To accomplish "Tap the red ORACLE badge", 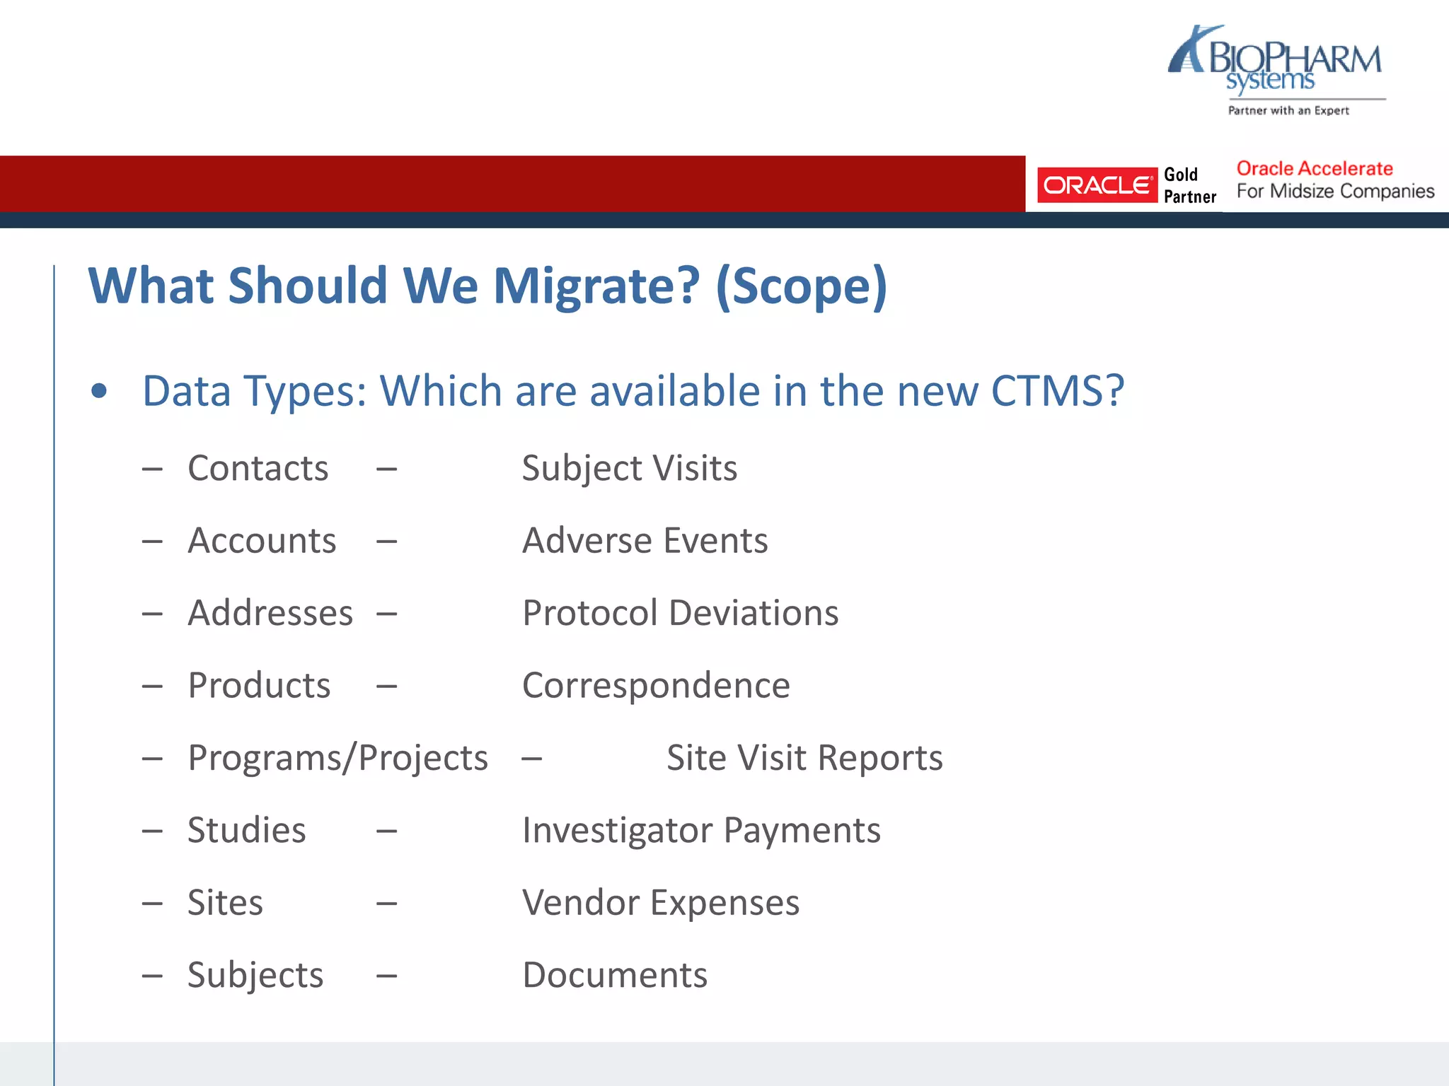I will click(1096, 185).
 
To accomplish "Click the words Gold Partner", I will click(1189, 185).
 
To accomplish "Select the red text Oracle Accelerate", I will click(1314, 169).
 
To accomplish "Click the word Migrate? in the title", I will click(596, 286).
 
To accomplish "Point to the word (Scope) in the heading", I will click(801, 286).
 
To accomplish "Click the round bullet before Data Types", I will click(99, 391).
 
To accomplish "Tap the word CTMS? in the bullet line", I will click(1057, 391).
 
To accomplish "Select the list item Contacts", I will click(258, 468).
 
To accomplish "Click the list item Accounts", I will click(262, 541).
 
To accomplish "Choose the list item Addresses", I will click(270, 613).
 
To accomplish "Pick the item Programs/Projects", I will click(337, 758).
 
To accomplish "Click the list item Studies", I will click(246, 830).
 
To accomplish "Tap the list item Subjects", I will click(255, 975).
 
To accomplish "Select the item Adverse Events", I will click(645, 541).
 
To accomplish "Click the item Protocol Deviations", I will click(680, 613).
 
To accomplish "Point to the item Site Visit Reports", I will click(804, 758).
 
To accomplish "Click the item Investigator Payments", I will click(701, 830).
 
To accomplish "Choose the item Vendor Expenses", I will click(660, 903).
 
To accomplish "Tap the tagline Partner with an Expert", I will click(1288, 110).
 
